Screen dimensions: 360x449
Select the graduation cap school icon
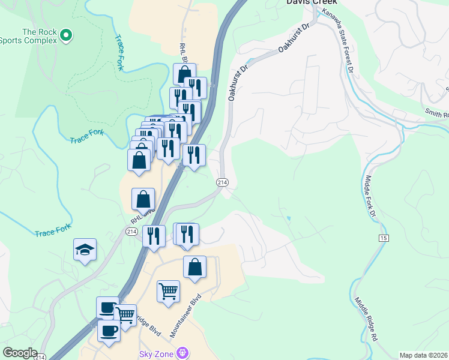pyautogui.click(x=85, y=250)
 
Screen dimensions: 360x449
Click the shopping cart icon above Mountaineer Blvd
pyautogui.click(x=168, y=292)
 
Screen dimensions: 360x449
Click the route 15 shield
pyautogui.click(x=383, y=238)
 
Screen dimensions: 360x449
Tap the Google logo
pyautogui.click(x=20, y=353)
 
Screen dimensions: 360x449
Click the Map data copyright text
pyautogui.click(x=424, y=355)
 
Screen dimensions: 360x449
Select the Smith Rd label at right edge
pyautogui.click(x=437, y=113)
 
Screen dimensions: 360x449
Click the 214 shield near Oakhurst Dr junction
pyautogui.click(x=223, y=182)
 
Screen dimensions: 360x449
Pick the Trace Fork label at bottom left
pyautogui.click(x=53, y=230)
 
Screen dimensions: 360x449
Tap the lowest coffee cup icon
pyautogui.click(x=109, y=331)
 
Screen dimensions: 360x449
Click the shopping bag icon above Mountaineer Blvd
pyautogui.click(x=195, y=267)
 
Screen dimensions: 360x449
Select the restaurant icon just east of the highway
pyautogui.click(x=194, y=155)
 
